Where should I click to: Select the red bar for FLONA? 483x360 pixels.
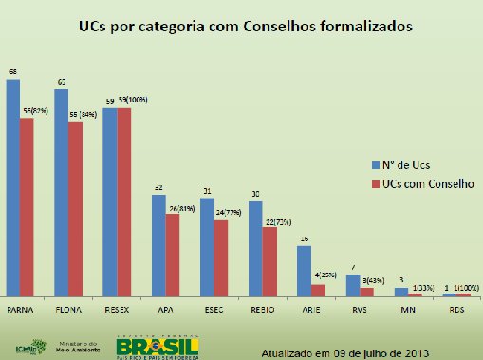coord(75,209)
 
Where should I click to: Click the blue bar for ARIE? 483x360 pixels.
coord(305,272)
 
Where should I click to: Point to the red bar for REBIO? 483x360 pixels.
coord(269,262)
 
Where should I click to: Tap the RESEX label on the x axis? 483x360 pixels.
coord(117,309)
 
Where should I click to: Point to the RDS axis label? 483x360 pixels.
coord(456,309)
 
